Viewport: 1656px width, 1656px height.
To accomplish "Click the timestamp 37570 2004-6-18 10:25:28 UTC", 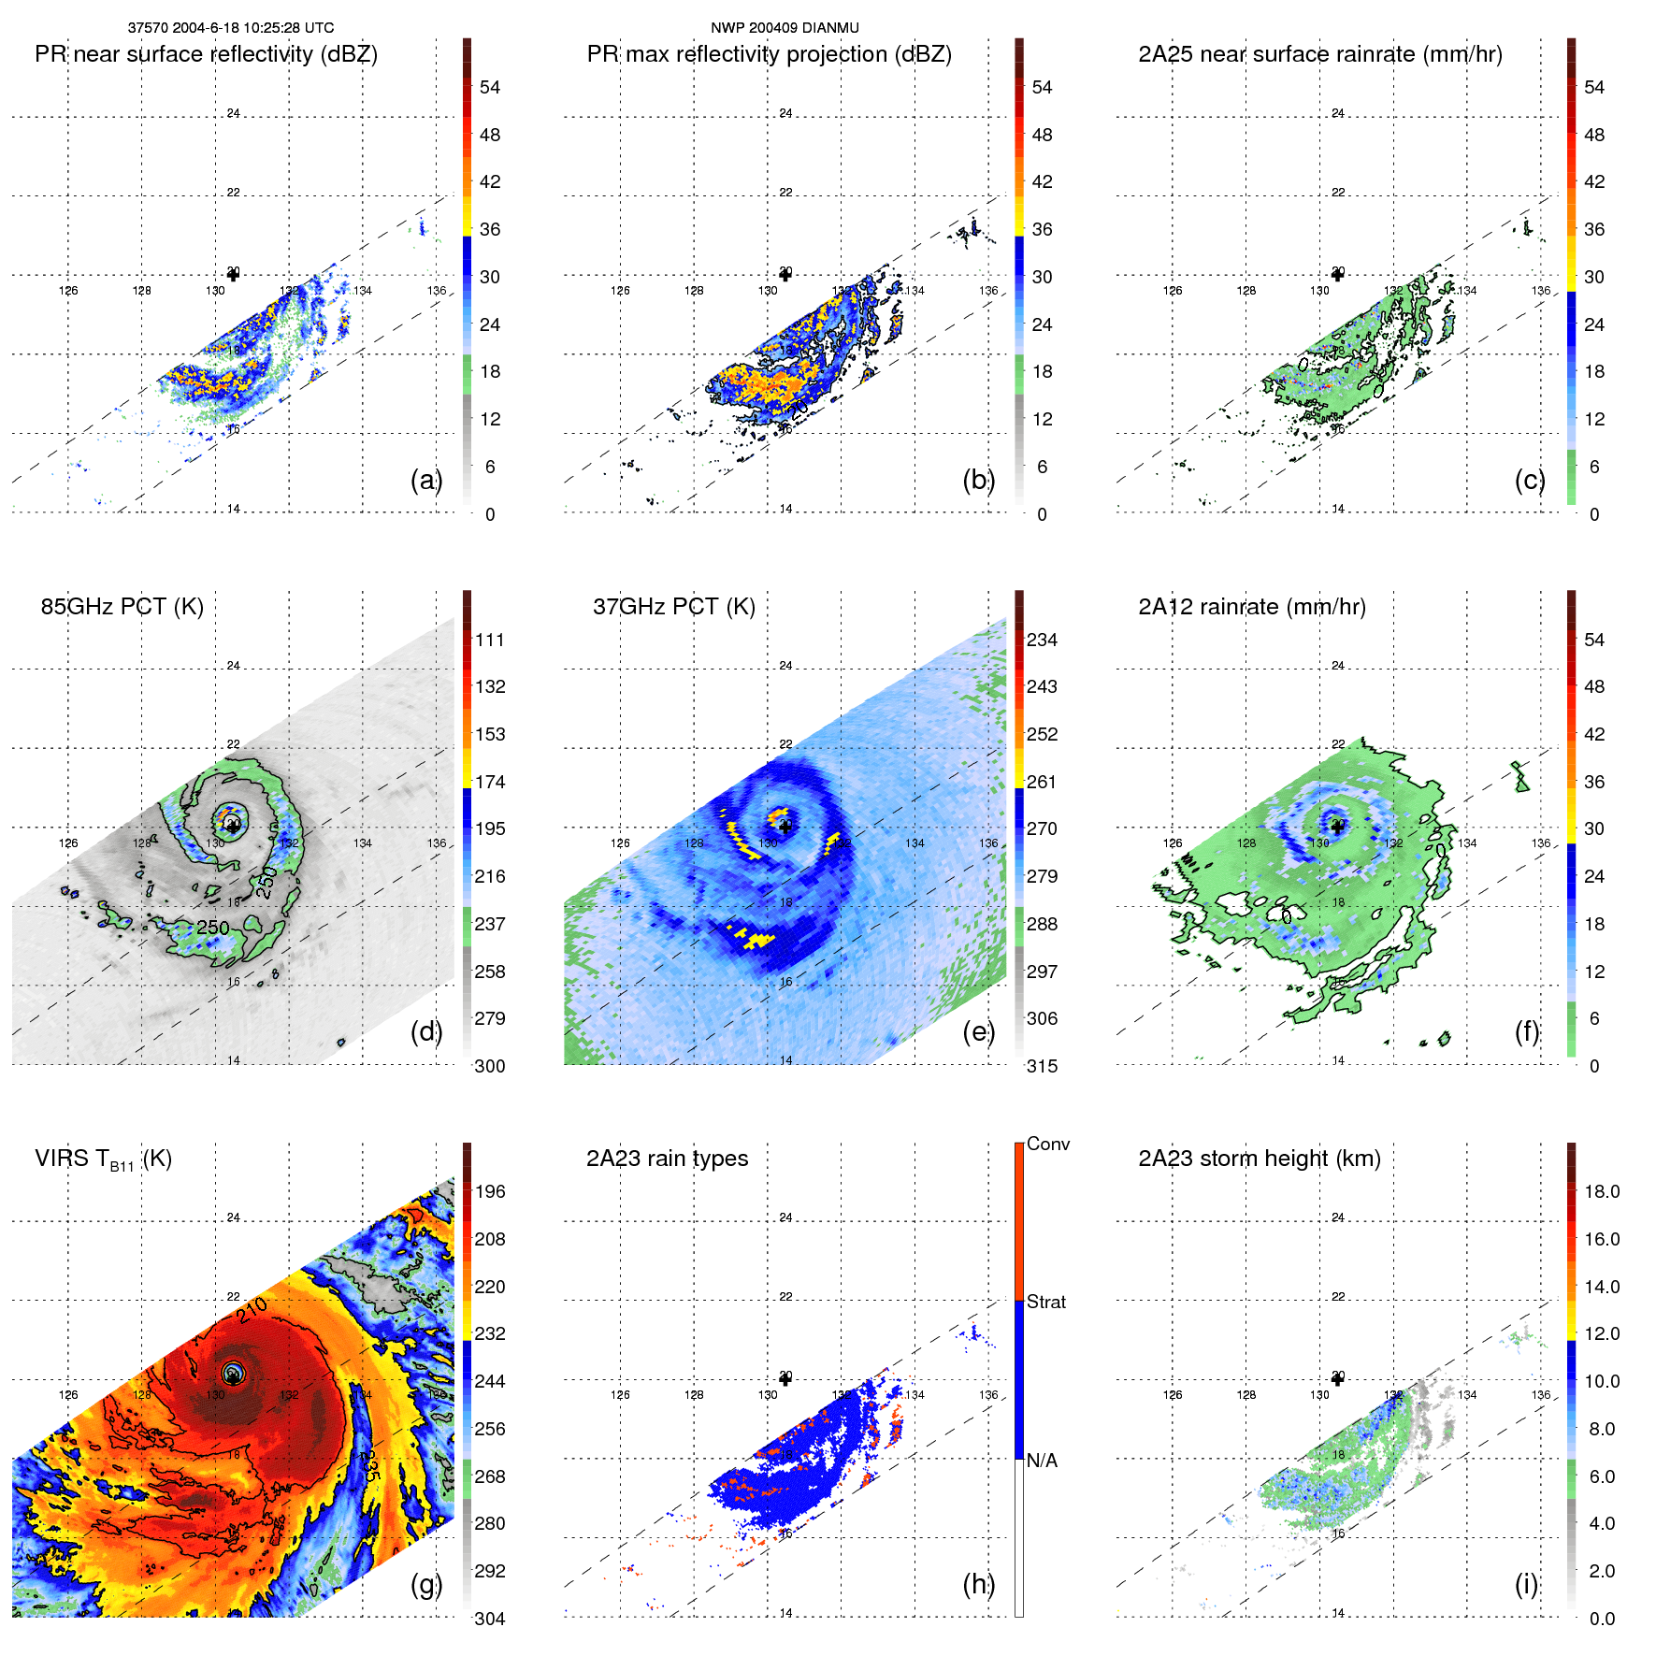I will click(x=230, y=28).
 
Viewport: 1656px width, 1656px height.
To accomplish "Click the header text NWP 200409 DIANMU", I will click(x=785, y=28).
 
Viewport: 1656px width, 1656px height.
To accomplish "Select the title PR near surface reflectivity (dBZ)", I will click(x=206, y=54).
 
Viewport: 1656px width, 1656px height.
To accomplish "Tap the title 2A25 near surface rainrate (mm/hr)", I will click(x=1319, y=54).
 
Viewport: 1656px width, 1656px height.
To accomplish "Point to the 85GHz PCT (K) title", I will click(x=122, y=607).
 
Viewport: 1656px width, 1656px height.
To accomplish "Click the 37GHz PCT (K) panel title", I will click(x=673, y=607).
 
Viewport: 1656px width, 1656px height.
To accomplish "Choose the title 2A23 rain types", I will click(x=667, y=1159).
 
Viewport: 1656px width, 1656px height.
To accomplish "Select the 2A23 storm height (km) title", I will click(x=1259, y=1159).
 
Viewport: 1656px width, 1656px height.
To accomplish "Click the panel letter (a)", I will click(x=425, y=480).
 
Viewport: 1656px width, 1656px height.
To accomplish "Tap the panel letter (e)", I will click(x=978, y=1031).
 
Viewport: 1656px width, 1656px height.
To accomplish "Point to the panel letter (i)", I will click(x=1526, y=1584).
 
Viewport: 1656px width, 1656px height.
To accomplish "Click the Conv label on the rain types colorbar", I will click(x=1047, y=1144).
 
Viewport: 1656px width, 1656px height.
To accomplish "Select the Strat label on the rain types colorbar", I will click(x=1045, y=1302).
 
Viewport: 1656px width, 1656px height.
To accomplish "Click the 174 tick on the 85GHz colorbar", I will click(x=490, y=782).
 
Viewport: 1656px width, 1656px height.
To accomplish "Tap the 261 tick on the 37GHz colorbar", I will click(x=1042, y=782).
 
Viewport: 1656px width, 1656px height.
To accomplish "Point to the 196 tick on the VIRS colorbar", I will click(x=490, y=1191).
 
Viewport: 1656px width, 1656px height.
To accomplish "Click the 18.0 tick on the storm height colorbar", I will click(x=1602, y=1191).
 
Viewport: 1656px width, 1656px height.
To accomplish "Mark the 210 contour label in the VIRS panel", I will click(x=252, y=1309).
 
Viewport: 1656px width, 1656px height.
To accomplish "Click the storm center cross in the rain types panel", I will click(x=785, y=1379).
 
